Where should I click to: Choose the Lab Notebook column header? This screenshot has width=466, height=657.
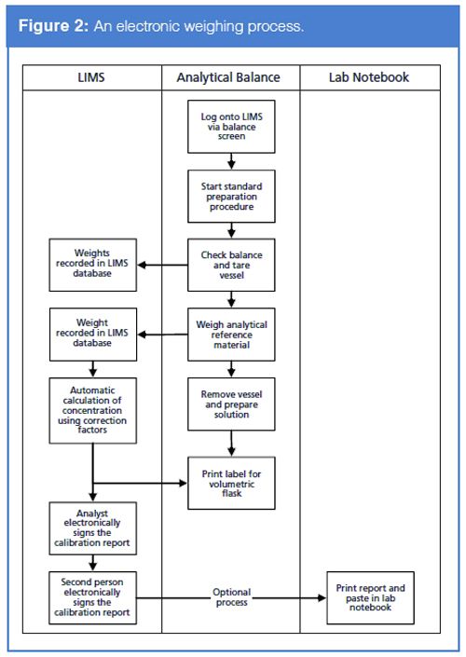click(x=369, y=77)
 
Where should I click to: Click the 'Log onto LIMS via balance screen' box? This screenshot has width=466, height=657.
click(x=231, y=128)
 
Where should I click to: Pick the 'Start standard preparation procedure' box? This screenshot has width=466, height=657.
click(x=231, y=195)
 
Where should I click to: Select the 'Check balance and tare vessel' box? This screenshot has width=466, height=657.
click(x=231, y=263)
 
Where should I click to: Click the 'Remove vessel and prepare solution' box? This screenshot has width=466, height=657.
click(x=231, y=404)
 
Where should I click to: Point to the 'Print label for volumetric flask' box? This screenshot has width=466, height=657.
click(x=231, y=483)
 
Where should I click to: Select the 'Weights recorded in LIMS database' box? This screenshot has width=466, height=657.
click(x=93, y=264)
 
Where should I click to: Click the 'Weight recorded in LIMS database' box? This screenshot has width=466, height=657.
click(x=93, y=335)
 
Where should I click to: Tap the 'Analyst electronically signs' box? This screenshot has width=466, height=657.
click(x=93, y=528)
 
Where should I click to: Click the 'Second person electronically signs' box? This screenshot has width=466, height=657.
click(x=93, y=596)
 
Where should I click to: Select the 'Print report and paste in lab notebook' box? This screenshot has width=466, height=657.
click(x=370, y=596)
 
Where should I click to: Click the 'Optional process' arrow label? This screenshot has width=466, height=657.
click(x=231, y=597)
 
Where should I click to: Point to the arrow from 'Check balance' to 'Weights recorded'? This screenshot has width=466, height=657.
click(x=162, y=264)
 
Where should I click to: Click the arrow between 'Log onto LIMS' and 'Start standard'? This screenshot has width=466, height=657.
click(x=231, y=161)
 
